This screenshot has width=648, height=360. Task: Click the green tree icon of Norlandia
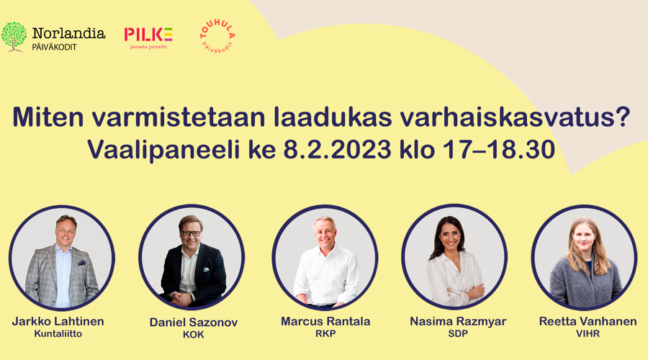[14, 37]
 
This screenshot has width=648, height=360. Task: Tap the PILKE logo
[148, 38]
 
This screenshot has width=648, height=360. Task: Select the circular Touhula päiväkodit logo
[217, 36]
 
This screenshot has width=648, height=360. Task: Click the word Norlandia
[68, 33]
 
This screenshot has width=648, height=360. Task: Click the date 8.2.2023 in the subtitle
[337, 149]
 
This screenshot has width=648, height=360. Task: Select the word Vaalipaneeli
[163, 150]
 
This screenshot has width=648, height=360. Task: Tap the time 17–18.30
[498, 149]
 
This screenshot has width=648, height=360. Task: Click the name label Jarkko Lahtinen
[58, 321]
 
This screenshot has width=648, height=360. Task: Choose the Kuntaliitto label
[58, 333]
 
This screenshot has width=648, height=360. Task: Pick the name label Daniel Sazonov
[194, 323]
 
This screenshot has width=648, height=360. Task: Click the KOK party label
[194, 334]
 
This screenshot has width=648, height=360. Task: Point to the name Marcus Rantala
[325, 321]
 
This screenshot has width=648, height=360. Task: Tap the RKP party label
[325, 333]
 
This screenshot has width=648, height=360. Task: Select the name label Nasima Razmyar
[458, 321]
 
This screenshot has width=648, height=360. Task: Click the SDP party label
[458, 333]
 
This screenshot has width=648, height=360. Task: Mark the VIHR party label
[588, 333]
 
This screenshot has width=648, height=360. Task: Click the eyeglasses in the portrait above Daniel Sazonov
[191, 233]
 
